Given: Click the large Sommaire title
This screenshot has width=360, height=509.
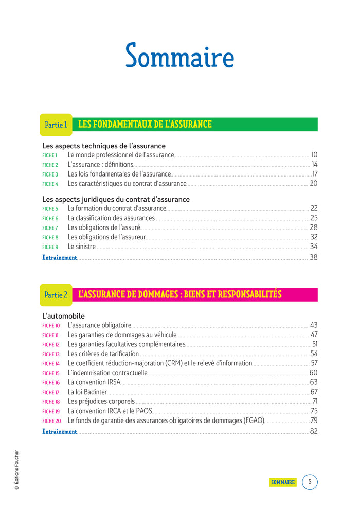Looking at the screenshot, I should tap(179, 56).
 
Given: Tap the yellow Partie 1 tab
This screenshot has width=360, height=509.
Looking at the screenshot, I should tap(56, 125).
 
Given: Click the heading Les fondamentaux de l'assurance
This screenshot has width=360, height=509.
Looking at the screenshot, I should tap(145, 124).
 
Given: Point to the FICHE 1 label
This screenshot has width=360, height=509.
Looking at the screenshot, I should tap(49, 155).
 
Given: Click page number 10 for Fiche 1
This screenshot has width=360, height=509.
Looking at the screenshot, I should tap(314, 155).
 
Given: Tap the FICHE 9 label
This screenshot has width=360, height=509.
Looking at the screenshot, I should tap(50, 247).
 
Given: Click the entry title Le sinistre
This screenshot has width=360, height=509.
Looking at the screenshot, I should tap(82, 247).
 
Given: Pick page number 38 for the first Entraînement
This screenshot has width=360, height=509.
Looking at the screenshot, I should tap(313, 257).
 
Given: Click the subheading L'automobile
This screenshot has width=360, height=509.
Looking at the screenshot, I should tap(63, 316).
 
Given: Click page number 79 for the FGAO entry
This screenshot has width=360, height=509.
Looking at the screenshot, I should tap(314, 420).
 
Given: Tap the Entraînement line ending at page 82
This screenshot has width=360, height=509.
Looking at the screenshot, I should tap(60, 432).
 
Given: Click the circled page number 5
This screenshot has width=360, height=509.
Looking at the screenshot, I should tap(310, 482).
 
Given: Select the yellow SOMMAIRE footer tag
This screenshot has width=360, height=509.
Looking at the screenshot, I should tap(283, 482).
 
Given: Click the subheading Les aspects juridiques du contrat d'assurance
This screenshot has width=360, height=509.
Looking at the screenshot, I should tap(116, 199).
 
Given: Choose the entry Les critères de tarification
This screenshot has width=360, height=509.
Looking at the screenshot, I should tap(103, 354).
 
